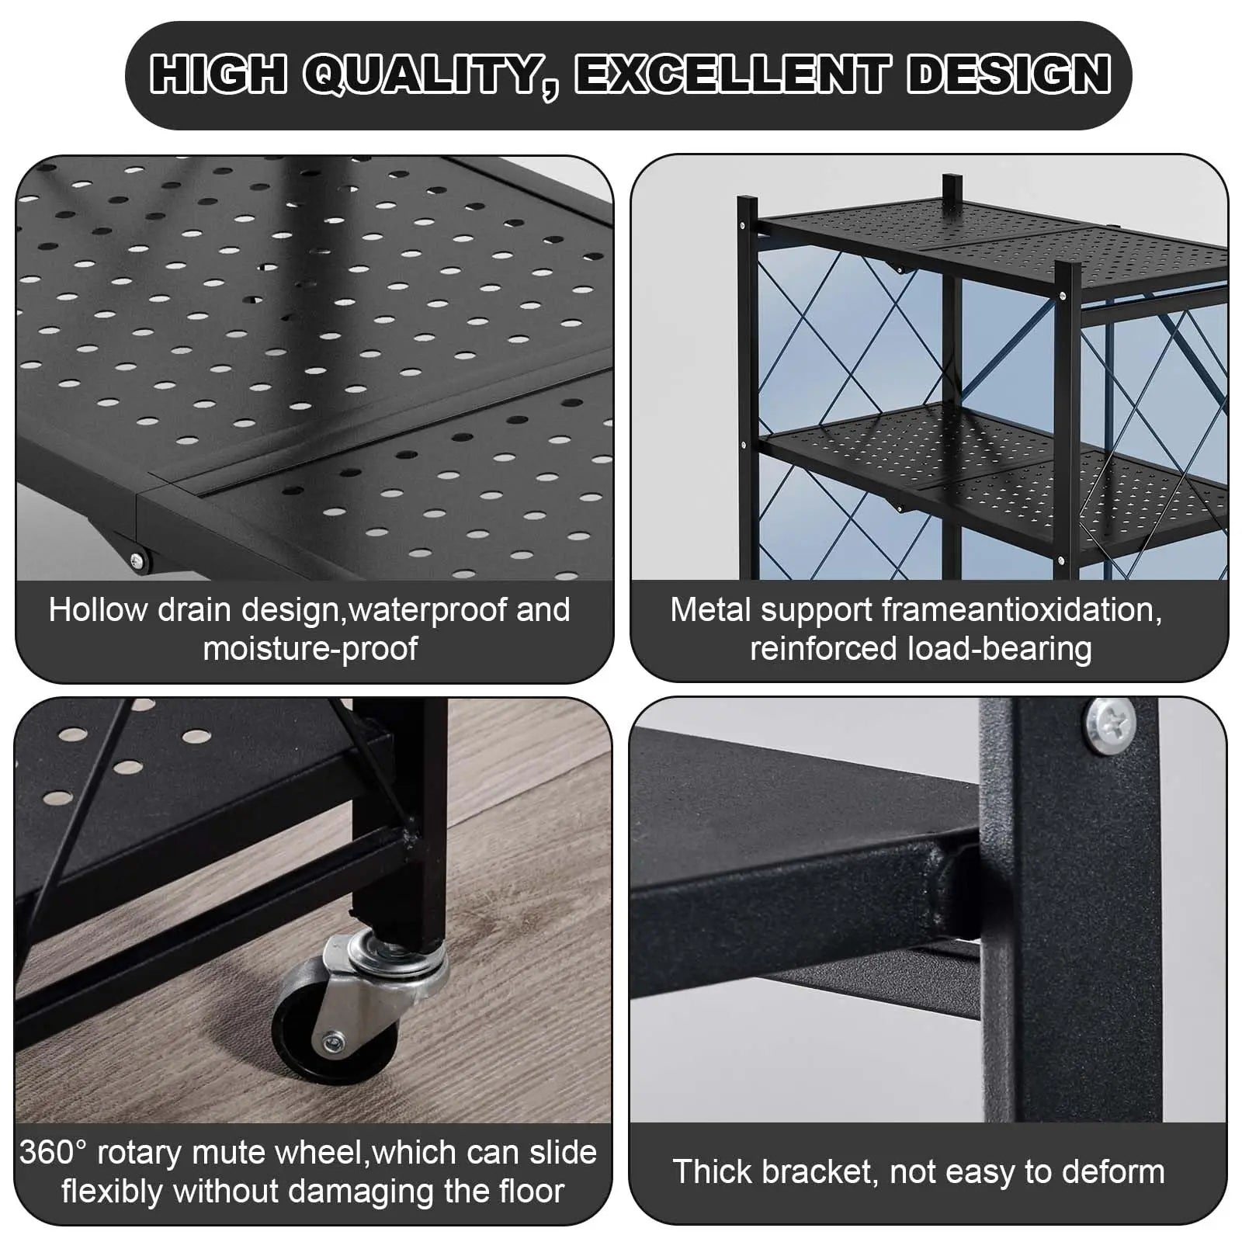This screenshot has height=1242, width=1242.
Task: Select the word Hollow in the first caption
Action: click(99, 610)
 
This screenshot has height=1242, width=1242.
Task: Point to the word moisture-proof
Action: click(310, 649)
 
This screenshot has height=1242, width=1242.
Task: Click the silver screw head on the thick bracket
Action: click(1111, 725)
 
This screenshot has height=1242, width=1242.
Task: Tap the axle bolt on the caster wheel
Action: click(333, 1040)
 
